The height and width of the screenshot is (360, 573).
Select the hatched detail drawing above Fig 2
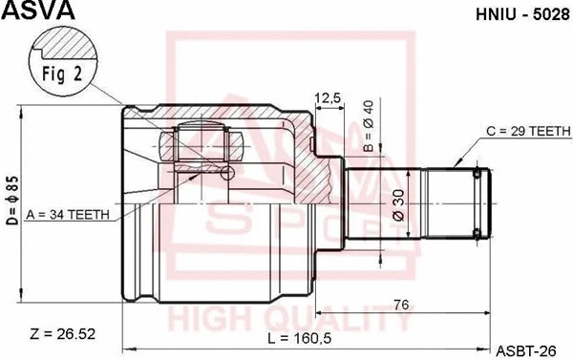pyautogui.click(x=64, y=43)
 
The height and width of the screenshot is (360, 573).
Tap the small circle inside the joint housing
pyautogui.click(x=226, y=172)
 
